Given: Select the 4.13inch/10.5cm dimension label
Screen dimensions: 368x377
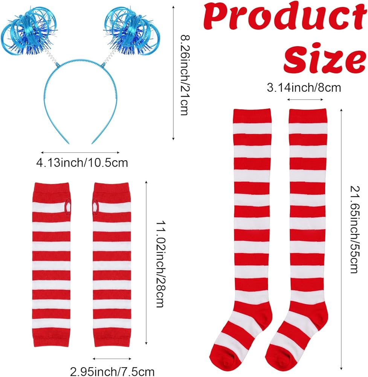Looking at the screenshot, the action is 82,163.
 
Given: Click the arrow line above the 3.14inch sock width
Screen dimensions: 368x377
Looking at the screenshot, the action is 305,100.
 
